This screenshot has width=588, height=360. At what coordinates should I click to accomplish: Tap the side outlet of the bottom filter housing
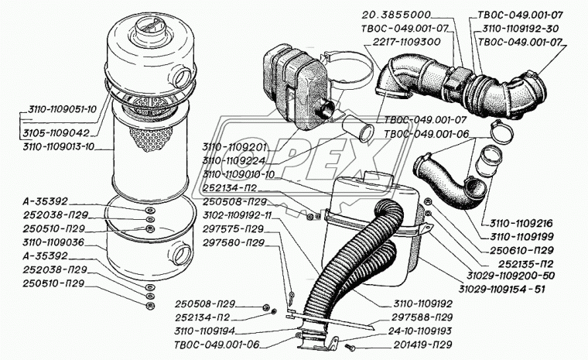pyautogui.click(x=183, y=252)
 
